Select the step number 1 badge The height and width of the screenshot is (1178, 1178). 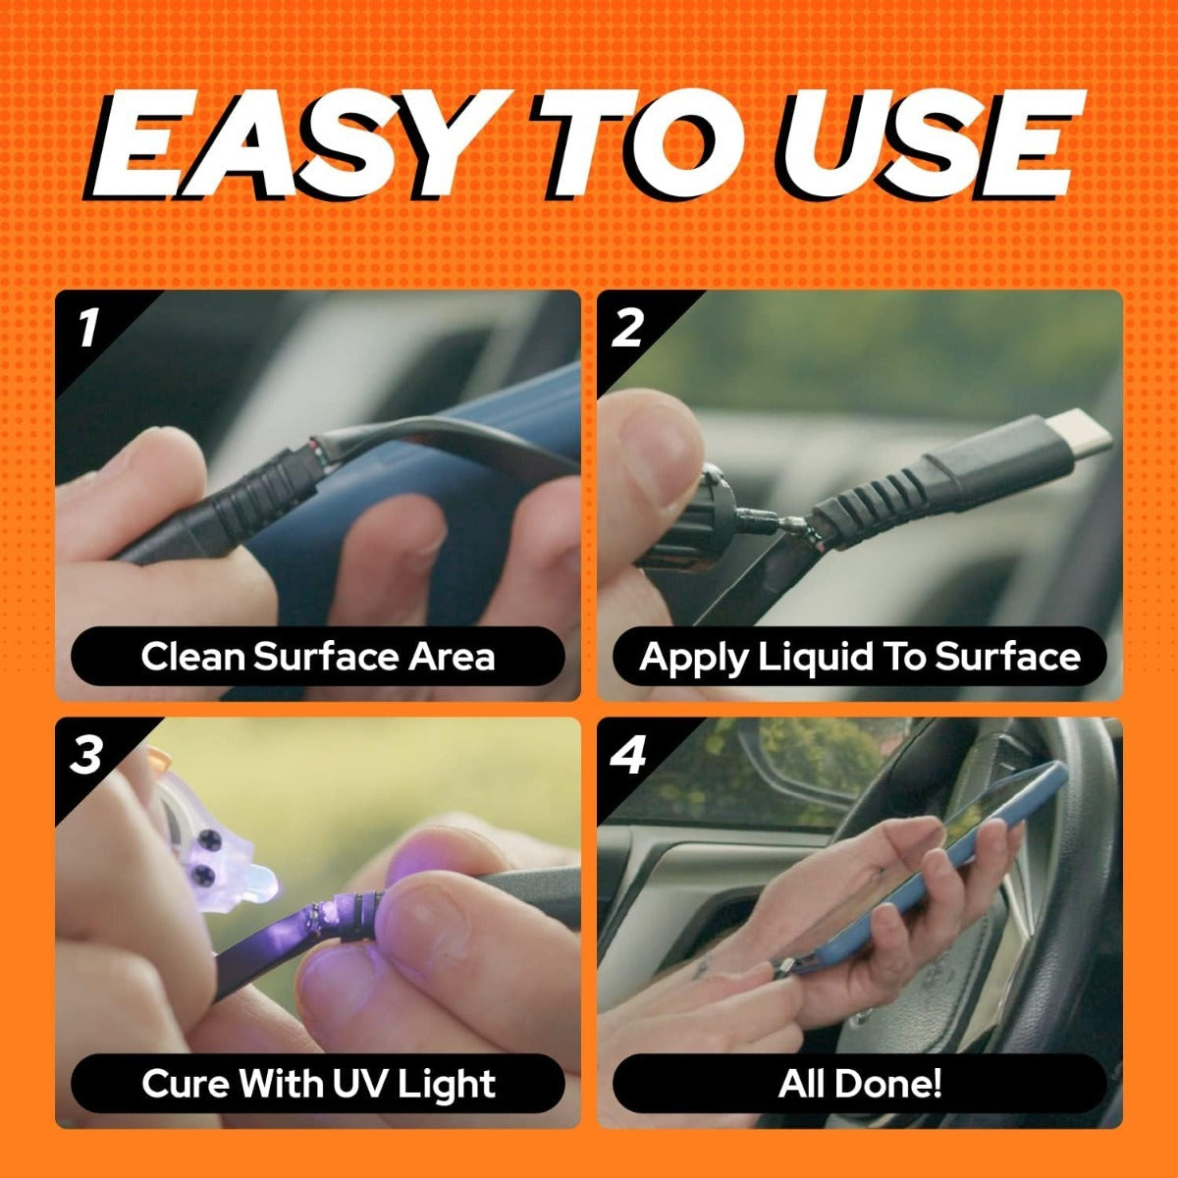[x=88, y=327]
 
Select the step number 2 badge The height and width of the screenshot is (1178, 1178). [x=628, y=327]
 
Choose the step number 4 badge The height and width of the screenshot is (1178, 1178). [x=628, y=755]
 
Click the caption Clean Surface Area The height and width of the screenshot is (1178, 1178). [x=317, y=656]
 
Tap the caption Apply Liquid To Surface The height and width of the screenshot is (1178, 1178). [x=859, y=656]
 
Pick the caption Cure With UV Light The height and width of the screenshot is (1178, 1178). [x=317, y=1084]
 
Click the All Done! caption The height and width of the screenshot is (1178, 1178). [x=859, y=1084]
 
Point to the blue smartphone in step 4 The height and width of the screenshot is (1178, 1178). [x=942, y=864]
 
